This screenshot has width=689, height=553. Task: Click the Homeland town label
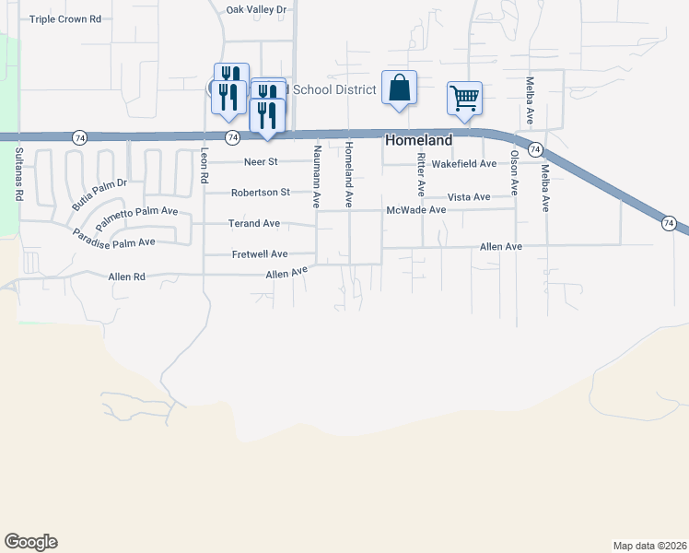tap(418, 140)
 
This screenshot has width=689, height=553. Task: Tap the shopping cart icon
tap(465, 98)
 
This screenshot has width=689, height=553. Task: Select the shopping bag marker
tap(399, 88)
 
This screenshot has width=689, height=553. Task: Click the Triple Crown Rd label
tap(64, 18)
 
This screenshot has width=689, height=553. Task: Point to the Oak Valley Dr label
tap(257, 9)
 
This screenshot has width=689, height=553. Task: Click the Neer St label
tap(261, 162)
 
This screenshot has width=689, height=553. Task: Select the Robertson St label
tap(261, 193)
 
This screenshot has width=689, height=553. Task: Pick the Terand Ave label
tap(254, 223)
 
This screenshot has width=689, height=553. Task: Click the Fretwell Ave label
tap(259, 253)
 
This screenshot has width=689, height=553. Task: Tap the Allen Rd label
tap(127, 276)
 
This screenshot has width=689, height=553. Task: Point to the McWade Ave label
tap(416, 210)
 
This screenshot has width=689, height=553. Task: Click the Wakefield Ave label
tap(464, 163)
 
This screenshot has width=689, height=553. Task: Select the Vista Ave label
tap(469, 197)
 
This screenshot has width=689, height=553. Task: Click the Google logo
tap(30, 542)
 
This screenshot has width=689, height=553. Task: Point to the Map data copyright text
tap(649, 545)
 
